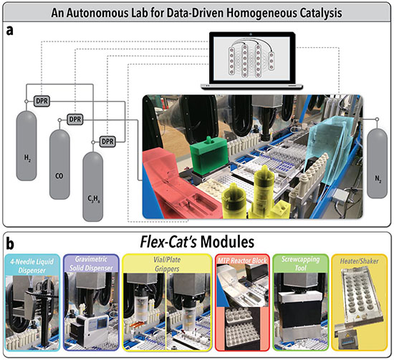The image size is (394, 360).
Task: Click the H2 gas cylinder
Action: click(27, 145)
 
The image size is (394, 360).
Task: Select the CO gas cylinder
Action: click(59, 165)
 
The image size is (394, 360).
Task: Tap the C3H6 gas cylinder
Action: click(93, 187)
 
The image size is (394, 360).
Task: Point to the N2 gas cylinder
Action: click(377, 163)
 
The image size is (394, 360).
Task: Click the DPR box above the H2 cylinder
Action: click(42, 101)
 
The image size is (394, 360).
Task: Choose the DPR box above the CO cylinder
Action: click(75, 120)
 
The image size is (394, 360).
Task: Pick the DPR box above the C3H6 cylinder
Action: click(107, 141)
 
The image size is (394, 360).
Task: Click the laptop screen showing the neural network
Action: click(251, 59)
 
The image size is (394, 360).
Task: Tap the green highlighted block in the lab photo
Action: click(209, 155)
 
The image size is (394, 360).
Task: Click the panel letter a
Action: click(9, 31)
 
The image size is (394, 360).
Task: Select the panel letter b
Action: click(10, 244)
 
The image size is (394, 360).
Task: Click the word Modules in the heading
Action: click(227, 242)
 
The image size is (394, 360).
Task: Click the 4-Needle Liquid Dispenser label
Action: click(32, 266)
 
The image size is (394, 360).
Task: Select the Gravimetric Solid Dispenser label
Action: click(91, 263)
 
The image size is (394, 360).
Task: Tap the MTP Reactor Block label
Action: click(242, 261)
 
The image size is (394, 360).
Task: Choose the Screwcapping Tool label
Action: click(301, 263)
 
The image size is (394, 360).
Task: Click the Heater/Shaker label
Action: click(360, 261)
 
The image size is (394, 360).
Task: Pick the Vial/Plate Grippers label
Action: click(167, 264)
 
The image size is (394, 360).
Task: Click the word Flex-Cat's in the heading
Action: click(168, 242)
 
